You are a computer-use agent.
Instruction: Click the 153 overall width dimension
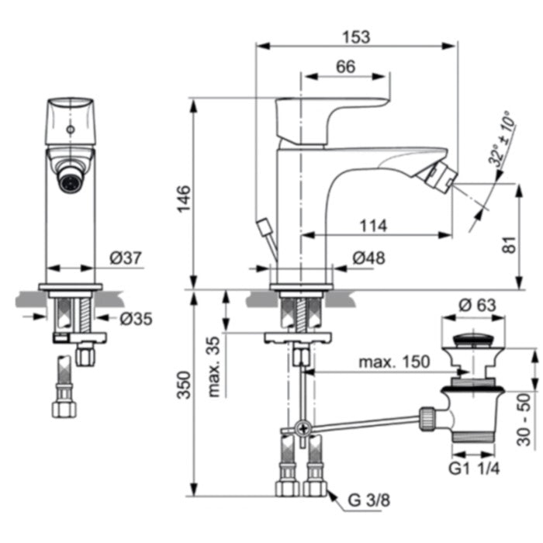click(356, 37)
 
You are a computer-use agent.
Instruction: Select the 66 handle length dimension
click(346, 67)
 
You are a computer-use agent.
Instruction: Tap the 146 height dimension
click(184, 199)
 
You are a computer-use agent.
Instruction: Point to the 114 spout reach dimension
click(373, 226)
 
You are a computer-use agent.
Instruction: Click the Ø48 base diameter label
click(369, 258)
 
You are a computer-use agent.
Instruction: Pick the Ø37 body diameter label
click(126, 258)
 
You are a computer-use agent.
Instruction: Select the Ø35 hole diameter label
click(136, 319)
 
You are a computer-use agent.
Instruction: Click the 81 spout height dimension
click(509, 245)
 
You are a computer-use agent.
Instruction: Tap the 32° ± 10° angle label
click(501, 139)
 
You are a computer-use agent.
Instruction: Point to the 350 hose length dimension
click(184, 385)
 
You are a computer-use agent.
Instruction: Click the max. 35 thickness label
click(214, 367)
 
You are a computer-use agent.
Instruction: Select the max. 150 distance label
click(394, 362)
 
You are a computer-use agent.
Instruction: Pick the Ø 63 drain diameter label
click(477, 305)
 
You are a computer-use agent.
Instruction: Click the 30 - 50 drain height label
click(524, 420)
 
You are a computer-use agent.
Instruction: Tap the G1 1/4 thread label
click(474, 469)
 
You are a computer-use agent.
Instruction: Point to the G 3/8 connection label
click(368, 500)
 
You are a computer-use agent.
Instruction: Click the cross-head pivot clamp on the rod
click(303, 428)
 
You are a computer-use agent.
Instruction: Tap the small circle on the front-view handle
click(71, 130)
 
